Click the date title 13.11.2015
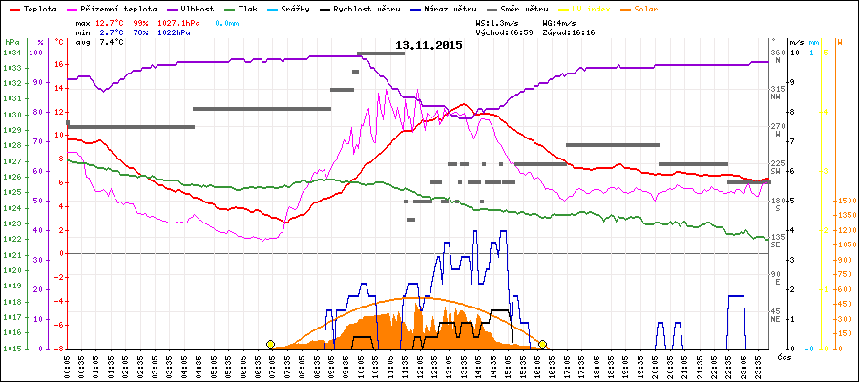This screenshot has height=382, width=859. pyautogui.click(x=429, y=45)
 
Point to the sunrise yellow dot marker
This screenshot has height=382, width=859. pyautogui.click(x=271, y=344)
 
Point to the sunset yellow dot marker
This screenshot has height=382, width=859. pyautogui.click(x=543, y=344)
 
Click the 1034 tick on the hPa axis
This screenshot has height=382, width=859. pyautogui.click(x=11, y=53)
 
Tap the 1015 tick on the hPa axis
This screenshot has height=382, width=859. pyautogui.click(x=11, y=349)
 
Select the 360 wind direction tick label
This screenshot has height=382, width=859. pyautogui.click(x=777, y=53)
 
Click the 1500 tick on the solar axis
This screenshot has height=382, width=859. pyautogui.click(x=845, y=201)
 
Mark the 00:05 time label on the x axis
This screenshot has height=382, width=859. pyautogui.click(x=69, y=365)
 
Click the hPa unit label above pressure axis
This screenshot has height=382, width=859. pyautogui.click(x=11, y=43)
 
